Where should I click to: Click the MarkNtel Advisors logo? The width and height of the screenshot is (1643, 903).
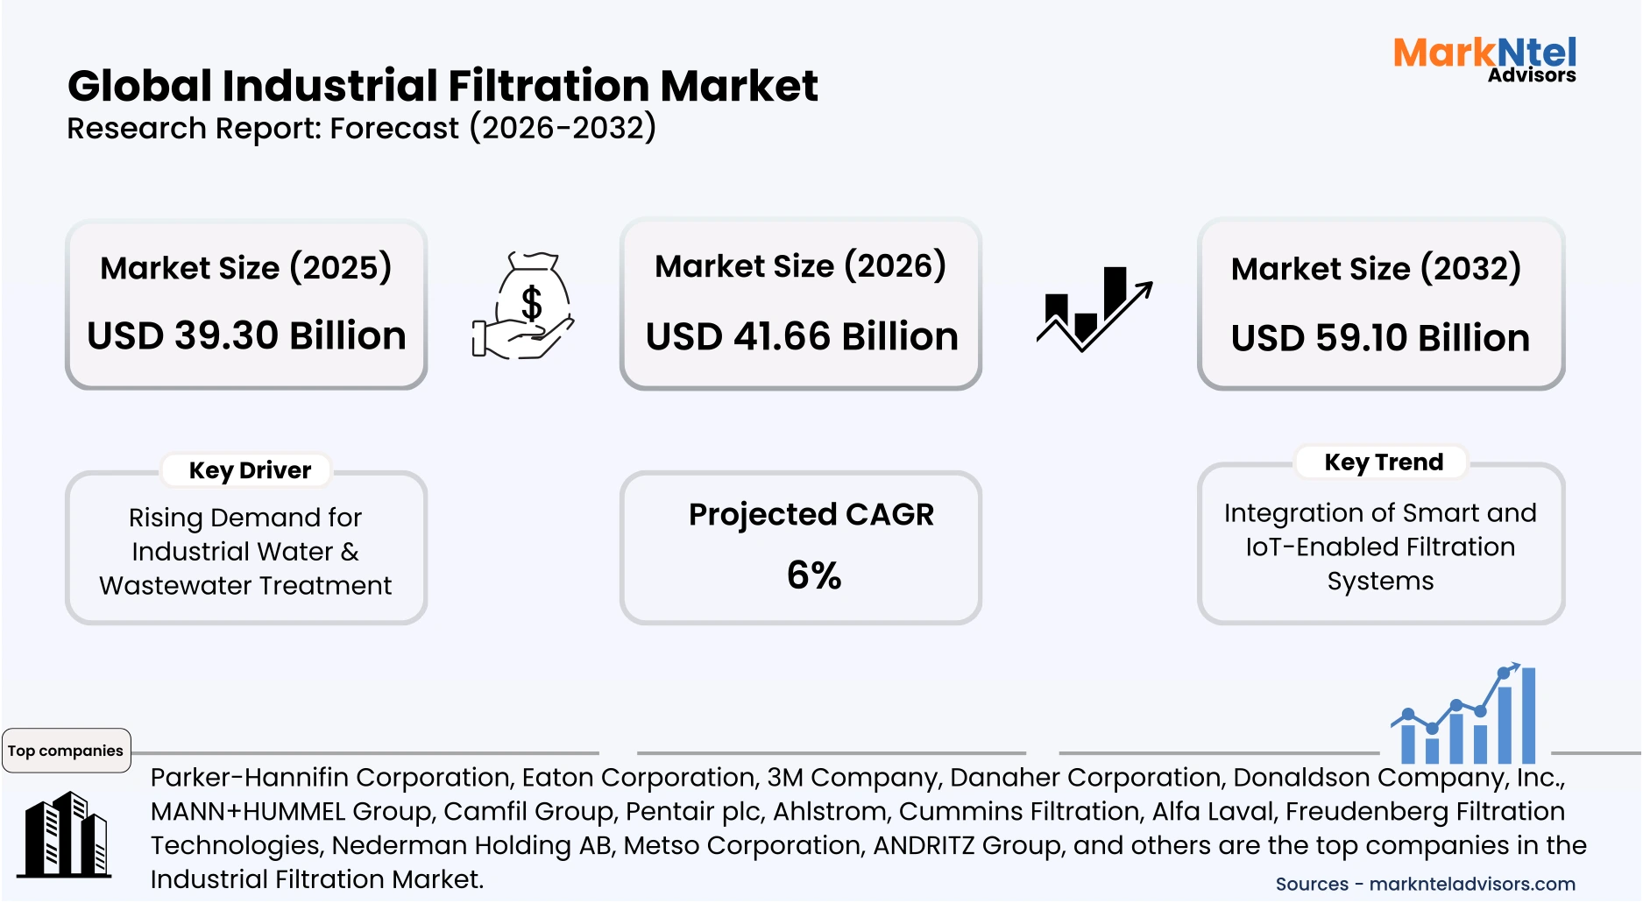pyautogui.click(x=1484, y=60)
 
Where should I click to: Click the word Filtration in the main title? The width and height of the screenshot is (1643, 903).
pyautogui.click(x=549, y=86)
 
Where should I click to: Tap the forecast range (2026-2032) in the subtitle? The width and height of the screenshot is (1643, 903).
pyautogui.click(x=563, y=128)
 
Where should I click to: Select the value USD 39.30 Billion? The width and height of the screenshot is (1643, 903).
pyautogui.click(x=246, y=335)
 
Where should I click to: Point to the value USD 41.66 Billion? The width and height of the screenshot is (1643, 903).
pyautogui.click(x=802, y=336)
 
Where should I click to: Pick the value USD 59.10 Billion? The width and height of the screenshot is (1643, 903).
pyautogui.click(x=1380, y=338)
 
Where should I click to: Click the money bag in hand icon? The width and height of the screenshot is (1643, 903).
pyautogui.click(x=524, y=306)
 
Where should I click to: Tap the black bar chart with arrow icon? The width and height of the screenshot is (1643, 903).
pyautogui.click(x=1094, y=308)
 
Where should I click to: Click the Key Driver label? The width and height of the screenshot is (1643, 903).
pyautogui.click(x=250, y=470)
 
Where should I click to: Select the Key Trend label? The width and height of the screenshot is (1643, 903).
pyautogui.click(x=1383, y=462)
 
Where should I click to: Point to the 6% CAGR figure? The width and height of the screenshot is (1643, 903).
pyautogui.click(x=814, y=575)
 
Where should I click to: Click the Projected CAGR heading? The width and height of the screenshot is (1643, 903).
pyautogui.click(x=811, y=514)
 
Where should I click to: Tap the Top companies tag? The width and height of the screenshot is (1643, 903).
pyautogui.click(x=66, y=751)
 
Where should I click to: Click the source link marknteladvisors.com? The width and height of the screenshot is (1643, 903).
pyautogui.click(x=1472, y=884)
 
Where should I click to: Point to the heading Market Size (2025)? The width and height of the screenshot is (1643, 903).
pyautogui.click(x=245, y=268)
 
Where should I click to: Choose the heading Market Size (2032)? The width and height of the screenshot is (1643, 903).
pyautogui.click(x=1376, y=269)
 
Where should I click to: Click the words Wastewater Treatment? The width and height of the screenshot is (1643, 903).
pyautogui.click(x=245, y=585)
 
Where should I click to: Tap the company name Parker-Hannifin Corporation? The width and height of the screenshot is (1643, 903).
pyautogui.click(x=330, y=777)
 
